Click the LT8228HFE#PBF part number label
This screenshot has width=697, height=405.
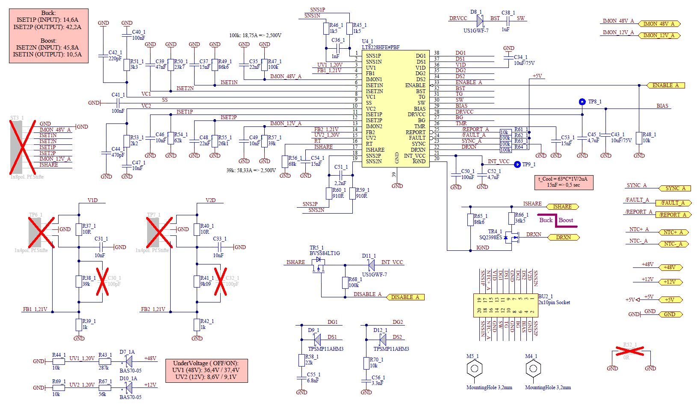tap(381, 47)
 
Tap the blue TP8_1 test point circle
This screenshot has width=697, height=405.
tap(582, 102)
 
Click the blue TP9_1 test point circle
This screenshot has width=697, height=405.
tap(517, 164)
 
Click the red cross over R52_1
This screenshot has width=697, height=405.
tap(629, 352)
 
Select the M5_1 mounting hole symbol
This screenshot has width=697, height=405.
tap(474, 368)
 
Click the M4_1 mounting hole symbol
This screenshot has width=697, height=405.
tap(533, 368)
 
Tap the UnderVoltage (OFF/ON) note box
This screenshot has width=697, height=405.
tap(206, 370)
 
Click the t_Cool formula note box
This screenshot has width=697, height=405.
tap(564, 182)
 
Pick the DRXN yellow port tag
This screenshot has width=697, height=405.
tap(563, 238)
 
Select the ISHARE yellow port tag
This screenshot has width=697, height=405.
tap(562, 207)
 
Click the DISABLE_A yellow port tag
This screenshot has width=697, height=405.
tap(405, 297)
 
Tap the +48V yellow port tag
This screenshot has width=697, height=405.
tap(670, 267)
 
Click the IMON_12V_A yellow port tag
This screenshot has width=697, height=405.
tap(659, 35)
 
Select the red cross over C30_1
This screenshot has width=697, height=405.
tap(102, 282)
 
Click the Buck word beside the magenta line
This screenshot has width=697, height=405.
tap(546, 220)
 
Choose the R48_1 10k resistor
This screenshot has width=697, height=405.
tap(639, 138)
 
